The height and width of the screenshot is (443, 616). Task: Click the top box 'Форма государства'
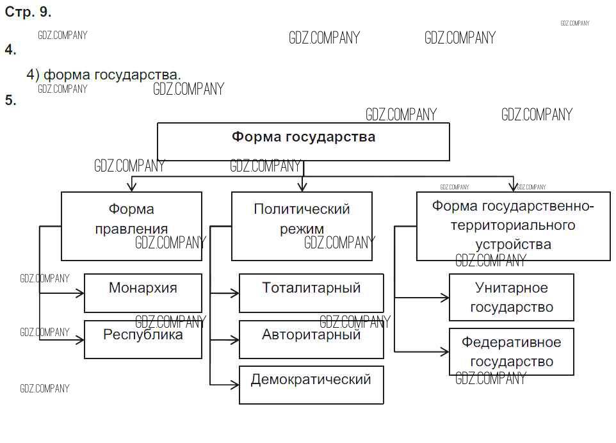(303, 141)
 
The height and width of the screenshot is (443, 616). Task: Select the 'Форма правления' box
(131, 226)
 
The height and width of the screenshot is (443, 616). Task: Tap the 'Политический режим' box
(302, 226)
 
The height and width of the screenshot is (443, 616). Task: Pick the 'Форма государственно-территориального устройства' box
(513, 226)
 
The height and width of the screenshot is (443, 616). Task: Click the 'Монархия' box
(143, 293)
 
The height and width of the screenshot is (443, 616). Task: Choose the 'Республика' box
(143, 339)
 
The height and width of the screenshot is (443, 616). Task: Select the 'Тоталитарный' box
(311, 293)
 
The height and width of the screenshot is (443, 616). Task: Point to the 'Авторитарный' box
(311, 339)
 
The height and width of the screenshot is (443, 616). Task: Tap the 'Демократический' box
(311, 385)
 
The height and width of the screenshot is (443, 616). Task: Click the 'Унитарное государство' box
(511, 297)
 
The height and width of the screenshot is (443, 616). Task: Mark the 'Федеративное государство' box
(511, 351)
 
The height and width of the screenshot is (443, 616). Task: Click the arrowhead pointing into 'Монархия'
(81, 293)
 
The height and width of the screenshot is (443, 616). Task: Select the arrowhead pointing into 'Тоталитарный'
(235, 293)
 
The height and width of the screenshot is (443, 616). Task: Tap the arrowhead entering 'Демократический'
(235, 385)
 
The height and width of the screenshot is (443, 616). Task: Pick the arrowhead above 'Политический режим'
(302, 187)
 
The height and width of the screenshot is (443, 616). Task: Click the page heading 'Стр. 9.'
(28, 12)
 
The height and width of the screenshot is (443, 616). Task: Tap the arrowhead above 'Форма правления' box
(132, 187)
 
